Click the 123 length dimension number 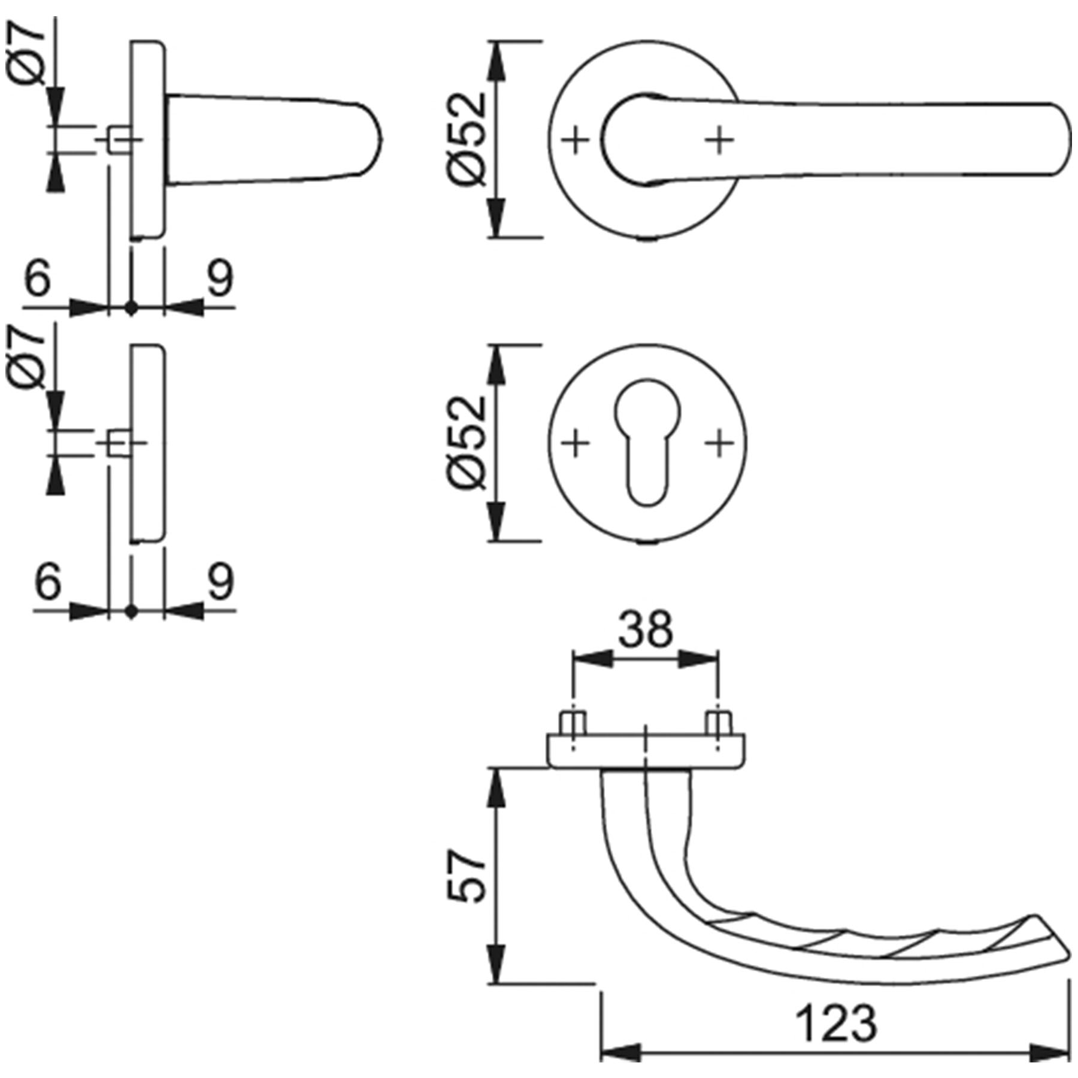pyautogui.click(x=837, y=1024)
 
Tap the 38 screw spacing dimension pyautogui.click(x=646, y=630)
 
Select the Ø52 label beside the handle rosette pyautogui.click(x=466, y=139)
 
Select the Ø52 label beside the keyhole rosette pyautogui.click(x=466, y=443)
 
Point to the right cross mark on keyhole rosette pyautogui.click(x=719, y=444)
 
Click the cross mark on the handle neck pyautogui.click(x=719, y=141)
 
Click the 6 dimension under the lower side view pyautogui.click(x=48, y=582)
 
